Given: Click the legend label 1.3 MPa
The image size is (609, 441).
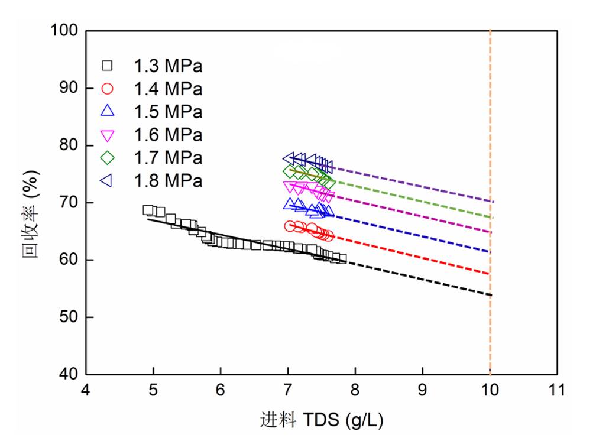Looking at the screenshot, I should pos(168,66).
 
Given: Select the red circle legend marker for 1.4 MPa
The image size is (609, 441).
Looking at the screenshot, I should pos(108,89).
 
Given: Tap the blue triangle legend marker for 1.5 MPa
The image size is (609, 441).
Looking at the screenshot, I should pos(108,111).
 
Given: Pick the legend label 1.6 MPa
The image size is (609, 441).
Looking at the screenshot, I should pos(168,135).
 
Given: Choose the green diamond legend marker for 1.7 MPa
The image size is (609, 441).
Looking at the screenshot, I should pos(108,158).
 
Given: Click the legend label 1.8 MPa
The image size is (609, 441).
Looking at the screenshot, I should pos(168,180).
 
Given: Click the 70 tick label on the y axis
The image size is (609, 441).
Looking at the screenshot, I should pos(70,203).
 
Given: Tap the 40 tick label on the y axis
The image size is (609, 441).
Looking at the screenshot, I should pos(70,375).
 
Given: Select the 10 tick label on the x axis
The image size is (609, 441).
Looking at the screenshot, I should pos(490,390).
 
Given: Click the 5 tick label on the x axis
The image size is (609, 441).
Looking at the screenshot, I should pos(153,390).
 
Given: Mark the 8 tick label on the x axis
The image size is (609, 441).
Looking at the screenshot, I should pos(355,390).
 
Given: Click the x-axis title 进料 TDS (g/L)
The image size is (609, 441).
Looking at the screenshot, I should pos(322,420).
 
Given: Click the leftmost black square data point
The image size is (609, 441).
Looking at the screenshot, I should pos(148,210).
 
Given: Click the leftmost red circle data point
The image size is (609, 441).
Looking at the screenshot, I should pos(290,226).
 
